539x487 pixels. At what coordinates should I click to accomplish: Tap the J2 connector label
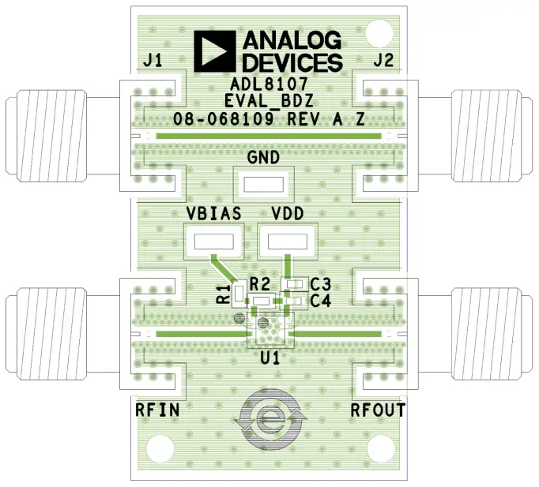pos(385,61)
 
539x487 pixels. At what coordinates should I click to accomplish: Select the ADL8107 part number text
pos(269,83)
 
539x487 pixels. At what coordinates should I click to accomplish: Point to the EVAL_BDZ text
pos(269,101)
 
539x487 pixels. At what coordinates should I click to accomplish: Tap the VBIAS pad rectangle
pos(213,242)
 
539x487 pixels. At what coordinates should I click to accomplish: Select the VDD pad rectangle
pos(287,242)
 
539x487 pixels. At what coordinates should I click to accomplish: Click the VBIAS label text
pos(213,214)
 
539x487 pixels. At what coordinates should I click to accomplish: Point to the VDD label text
pos(288,214)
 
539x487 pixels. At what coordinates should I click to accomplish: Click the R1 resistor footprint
pos(238,294)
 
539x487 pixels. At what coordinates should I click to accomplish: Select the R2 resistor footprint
pos(260,301)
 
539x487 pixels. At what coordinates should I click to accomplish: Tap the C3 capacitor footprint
pos(296,284)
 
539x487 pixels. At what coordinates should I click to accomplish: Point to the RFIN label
pos(157,410)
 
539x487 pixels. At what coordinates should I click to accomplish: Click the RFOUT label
pos(378,410)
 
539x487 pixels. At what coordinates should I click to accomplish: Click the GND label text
pos(263,157)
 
